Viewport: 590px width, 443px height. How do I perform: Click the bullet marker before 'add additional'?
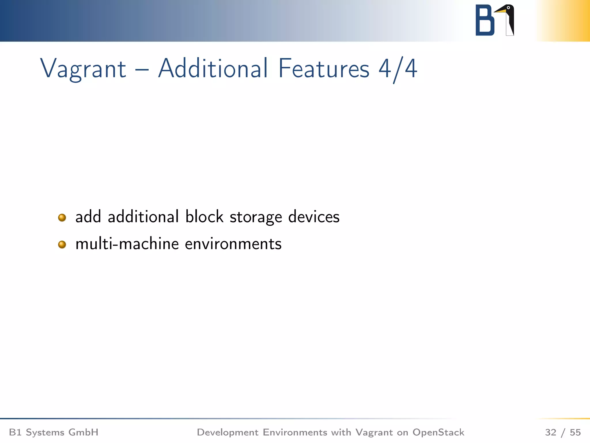tap(62, 217)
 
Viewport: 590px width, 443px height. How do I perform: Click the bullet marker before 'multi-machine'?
tap(62, 245)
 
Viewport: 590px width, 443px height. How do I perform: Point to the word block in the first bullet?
tap(204, 217)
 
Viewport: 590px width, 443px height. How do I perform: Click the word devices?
tap(314, 217)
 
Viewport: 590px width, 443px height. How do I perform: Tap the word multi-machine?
tap(127, 244)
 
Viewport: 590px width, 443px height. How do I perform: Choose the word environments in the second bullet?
tap(233, 244)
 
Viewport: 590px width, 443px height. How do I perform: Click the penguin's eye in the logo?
tap(508, 8)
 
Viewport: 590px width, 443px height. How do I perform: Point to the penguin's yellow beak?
tap(501, 11)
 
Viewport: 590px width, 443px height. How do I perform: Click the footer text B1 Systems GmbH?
tap(54, 432)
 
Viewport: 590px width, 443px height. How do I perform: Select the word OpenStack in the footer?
tap(438, 432)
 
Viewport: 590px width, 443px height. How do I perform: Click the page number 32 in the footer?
tap(551, 432)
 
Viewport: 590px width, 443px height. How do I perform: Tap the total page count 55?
tap(575, 432)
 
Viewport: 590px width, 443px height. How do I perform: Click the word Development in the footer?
tap(228, 432)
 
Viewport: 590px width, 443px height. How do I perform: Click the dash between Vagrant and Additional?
tap(142, 70)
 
